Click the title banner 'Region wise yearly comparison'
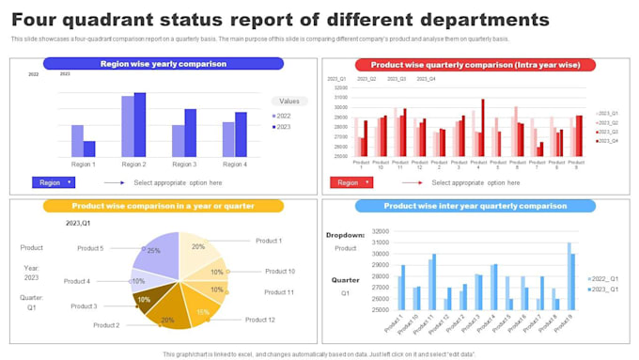point(164,64)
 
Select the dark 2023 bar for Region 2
point(140,124)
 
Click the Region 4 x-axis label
point(234,164)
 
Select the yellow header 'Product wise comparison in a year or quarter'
point(164,206)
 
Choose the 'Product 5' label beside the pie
point(90,248)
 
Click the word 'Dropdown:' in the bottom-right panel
point(345,235)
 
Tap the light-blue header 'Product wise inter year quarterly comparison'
point(475,206)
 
